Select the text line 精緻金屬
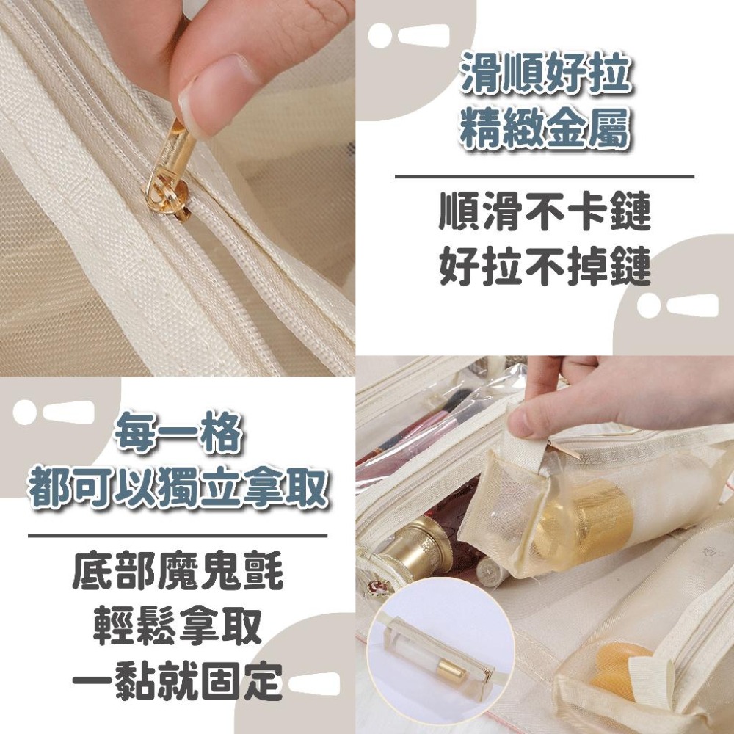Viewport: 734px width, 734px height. [x=546, y=130]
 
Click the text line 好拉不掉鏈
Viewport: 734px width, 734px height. [x=545, y=268]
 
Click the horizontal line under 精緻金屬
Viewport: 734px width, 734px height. [x=545, y=176]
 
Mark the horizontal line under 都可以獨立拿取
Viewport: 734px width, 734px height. [x=178, y=536]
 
